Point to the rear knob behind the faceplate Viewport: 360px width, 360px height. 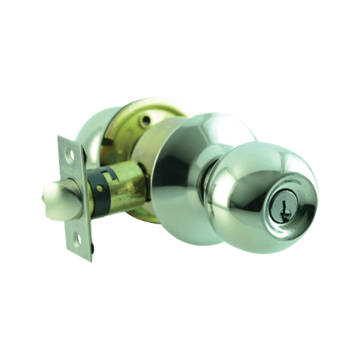(x=95, y=130)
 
